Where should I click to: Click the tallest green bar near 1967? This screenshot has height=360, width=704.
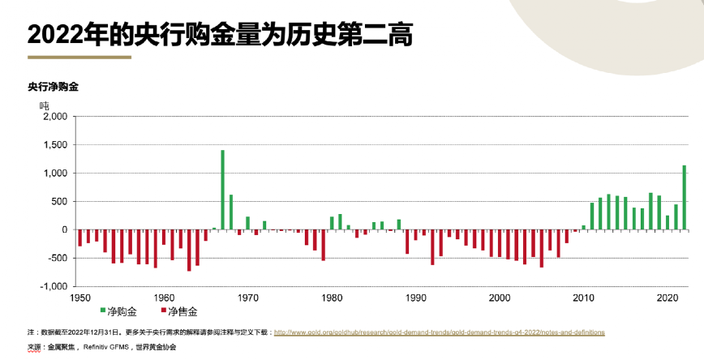pyautogui.click(x=222, y=190)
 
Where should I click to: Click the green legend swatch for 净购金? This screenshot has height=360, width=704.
pyautogui.click(x=102, y=311)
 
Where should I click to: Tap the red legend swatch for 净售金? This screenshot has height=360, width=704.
pyautogui.click(x=162, y=311)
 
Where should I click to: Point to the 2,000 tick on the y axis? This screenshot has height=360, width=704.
pyautogui.click(x=54, y=117)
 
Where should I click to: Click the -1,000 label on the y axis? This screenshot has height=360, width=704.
pyautogui.click(x=54, y=286)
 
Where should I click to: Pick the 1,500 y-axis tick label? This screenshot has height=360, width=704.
pyautogui.click(x=55, y=145)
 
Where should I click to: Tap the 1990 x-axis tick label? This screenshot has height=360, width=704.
pyautogui.click(x=416, y=298)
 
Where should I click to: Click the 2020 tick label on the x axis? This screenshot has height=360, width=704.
pyautogui.click(x=667, y=298)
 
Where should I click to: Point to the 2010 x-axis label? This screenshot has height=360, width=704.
pyautogui.click(x=583, y=298)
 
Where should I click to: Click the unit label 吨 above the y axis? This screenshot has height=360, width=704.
pyautogui.click(x=45, y=105)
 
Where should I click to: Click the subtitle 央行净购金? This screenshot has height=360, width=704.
pyautogui.click(x=53, y=86)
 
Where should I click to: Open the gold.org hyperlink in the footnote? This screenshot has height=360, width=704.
pyautogui.click(x=439, y=332)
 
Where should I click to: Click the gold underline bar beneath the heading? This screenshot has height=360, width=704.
pyautogui.click(x=79, y=58)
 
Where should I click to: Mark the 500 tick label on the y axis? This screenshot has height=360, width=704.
pyautogui.click(x=60, y=202)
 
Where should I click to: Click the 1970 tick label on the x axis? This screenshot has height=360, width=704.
pyautogui.click(x=248, y=298)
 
